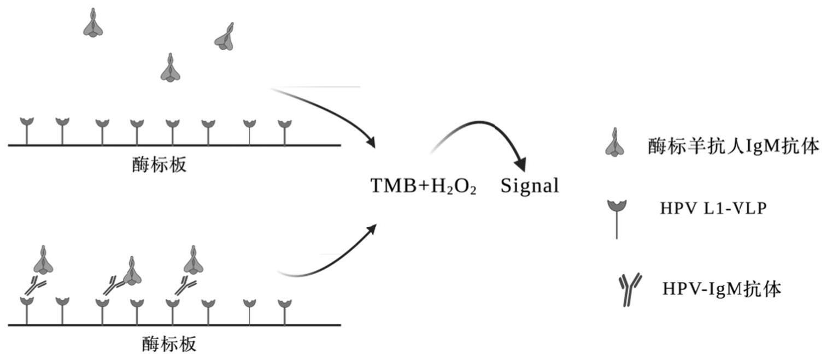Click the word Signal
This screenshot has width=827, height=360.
point(530,186)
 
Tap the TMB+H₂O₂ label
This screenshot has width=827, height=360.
point(423,186)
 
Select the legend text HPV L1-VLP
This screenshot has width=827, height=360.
point(713,208)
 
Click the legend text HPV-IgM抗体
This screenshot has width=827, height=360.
point(722,289)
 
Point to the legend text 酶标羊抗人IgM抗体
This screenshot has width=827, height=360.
point(734,146)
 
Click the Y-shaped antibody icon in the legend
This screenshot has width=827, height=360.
point(630,290)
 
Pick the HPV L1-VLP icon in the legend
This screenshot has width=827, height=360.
point(617,219)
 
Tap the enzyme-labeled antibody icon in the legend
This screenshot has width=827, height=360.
point(615,143)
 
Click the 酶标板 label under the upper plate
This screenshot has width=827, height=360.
point(160,164)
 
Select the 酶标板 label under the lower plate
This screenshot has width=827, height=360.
point(169,344)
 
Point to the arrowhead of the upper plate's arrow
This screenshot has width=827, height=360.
point(370,142)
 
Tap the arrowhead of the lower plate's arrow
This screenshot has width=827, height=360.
point(371,229)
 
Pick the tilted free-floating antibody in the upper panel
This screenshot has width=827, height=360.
point(225,37)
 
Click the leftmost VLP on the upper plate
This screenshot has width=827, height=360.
point(27,131)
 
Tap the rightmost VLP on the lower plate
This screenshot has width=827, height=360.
point(285,312)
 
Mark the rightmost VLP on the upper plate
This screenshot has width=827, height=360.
point(285,133)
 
